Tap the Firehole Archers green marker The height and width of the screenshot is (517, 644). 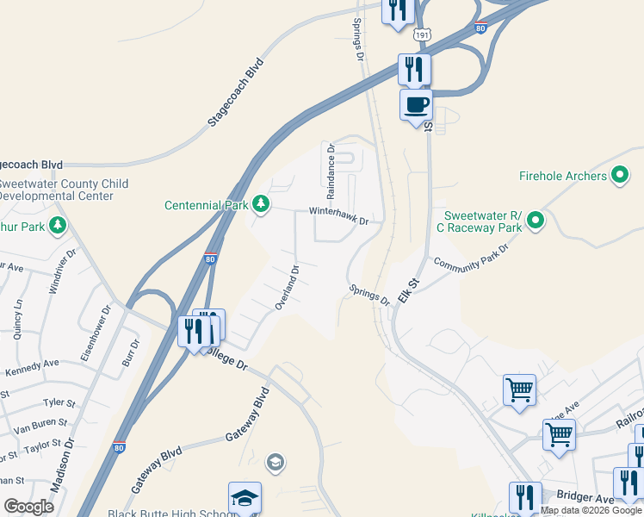pos(620,176)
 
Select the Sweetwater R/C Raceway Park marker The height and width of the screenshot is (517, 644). pos(536,221)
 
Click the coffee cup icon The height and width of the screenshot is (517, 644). pos(416,105)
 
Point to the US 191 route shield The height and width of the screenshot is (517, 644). pos(421,34)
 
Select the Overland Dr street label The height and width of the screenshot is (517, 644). pos(287,288)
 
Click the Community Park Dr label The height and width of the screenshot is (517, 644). pos(471,257)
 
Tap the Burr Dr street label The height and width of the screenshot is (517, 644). pos(130,351)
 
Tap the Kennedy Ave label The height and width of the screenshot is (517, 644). pos(33,369)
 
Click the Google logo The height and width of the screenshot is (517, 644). pos(28,507)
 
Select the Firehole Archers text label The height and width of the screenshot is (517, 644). pos(563,176)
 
